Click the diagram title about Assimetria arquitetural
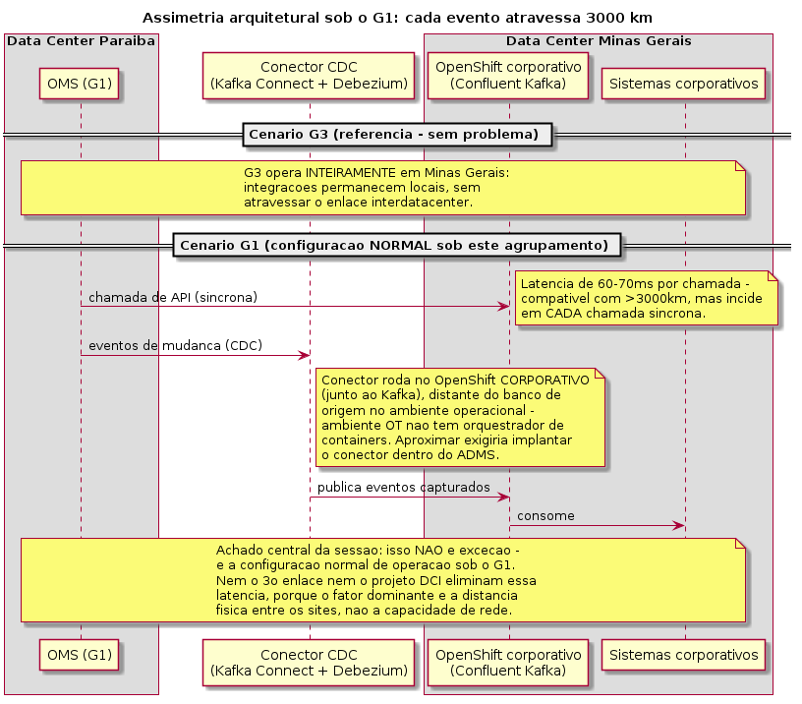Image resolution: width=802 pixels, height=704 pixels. [x=397, y=18]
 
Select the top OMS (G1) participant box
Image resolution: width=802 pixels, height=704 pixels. [x=80, y=84]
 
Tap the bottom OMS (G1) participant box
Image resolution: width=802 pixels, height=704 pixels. [x=80, y=655]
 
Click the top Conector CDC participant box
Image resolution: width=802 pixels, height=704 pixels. [x=309, y=76]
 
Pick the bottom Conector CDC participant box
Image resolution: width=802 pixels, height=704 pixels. [x=309, y=663]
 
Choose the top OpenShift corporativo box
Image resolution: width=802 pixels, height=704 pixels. [x=508, y=76]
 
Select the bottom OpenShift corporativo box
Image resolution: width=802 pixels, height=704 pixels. [x=508, y=663]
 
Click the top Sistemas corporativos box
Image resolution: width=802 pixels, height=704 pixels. [x=684, y=84]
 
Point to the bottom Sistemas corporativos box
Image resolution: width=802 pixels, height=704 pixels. [x=684, y=655]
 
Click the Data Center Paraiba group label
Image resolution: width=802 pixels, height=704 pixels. [x=81, y=41]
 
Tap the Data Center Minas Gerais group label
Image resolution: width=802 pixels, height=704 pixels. [x=599, y=41]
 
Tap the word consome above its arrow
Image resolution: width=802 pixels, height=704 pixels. [x=545, y=516]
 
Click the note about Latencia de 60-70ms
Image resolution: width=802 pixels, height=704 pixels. [x=647, y=298]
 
